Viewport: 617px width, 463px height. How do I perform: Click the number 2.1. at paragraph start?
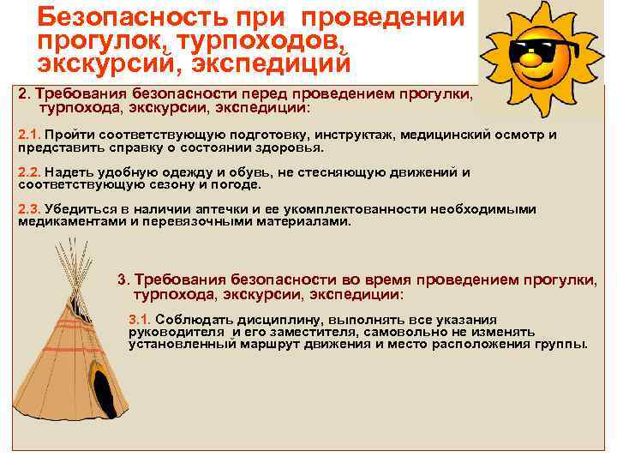coord(29,135)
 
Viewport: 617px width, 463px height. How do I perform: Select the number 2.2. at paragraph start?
coord(29,172)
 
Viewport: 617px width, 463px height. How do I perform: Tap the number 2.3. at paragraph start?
coord(29,209)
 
